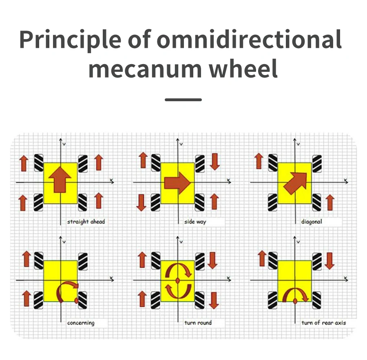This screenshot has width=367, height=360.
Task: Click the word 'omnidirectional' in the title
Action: [249, 40]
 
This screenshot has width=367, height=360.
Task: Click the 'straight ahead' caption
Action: [86, 222]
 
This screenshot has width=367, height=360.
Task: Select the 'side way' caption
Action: [195, 222]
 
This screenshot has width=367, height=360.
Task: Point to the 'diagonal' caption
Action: [312, 222]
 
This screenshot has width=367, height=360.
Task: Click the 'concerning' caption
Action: [81, 323]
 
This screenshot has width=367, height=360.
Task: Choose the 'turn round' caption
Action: [198, 323]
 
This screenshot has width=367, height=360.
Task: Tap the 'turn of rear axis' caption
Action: [324, 323]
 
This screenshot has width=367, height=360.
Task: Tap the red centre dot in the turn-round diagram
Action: [178, 280]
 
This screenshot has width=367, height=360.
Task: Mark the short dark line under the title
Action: [183, 99]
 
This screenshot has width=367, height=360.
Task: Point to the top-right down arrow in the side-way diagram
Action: [214, 162]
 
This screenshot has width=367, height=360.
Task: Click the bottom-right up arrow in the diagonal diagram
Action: [330, 202]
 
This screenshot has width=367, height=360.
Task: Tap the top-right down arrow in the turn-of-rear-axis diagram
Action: [330, 261]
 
